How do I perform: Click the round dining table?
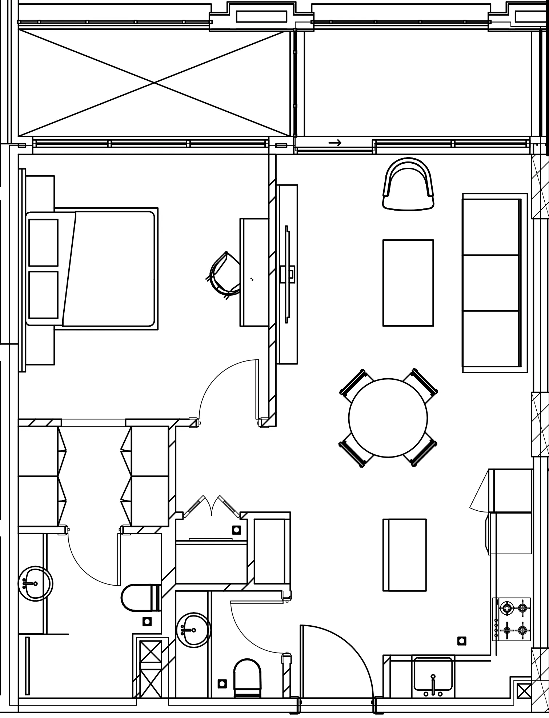[x=388, y=418]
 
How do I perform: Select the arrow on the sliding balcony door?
[x=335, y=143]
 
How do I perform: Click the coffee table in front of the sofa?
[x=408, y=283]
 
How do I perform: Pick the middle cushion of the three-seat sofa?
[x=490, y=283]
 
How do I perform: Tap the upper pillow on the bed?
[x=43, y=242]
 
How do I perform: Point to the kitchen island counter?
[x=404, y=555]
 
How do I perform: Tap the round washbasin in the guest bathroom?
[x=193, y=630]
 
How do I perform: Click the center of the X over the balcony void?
[x=154, y=83]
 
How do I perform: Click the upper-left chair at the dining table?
[x=356, y=385]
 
